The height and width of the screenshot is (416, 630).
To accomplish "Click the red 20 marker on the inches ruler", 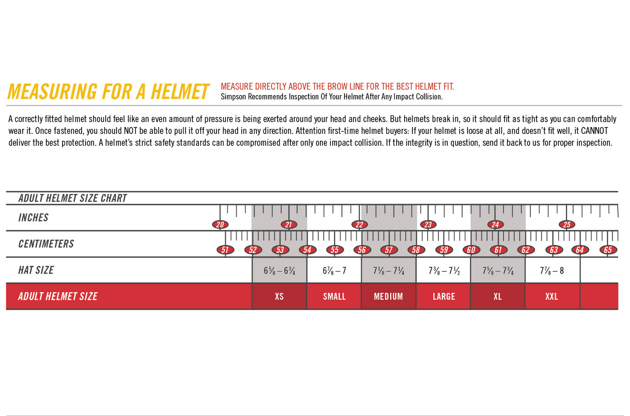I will [220, 225].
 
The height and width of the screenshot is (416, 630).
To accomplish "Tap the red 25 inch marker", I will [567, 225].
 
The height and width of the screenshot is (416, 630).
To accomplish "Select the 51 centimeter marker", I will [225, 250].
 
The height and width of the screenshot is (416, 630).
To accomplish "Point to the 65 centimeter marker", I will [608, 250].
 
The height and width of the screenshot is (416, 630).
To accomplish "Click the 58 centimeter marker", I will [416, 250].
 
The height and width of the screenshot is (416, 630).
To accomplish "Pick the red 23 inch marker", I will [428, 225].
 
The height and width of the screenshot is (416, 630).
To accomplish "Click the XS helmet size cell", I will [279, 296].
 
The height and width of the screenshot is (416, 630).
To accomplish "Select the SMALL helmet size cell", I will [334, 296].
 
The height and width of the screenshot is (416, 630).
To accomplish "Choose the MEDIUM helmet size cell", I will [388, 296].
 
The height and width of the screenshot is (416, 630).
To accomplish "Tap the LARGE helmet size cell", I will [443, 296].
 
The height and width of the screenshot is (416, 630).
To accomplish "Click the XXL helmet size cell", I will [552, 296].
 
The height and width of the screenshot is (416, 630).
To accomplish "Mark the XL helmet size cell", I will [498, 296].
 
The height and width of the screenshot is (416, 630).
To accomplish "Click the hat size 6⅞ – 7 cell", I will [334, 270].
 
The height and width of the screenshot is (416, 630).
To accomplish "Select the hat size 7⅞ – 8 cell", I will [552, 270].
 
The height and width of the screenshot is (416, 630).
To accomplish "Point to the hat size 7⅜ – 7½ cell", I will [443, 270].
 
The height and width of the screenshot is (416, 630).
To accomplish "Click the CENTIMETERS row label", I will [46, 244].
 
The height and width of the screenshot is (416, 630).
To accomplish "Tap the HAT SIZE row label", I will [36, 270].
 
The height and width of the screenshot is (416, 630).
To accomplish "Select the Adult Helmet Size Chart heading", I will [72, 198].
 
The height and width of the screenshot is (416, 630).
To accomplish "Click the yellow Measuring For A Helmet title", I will [108, 92].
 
